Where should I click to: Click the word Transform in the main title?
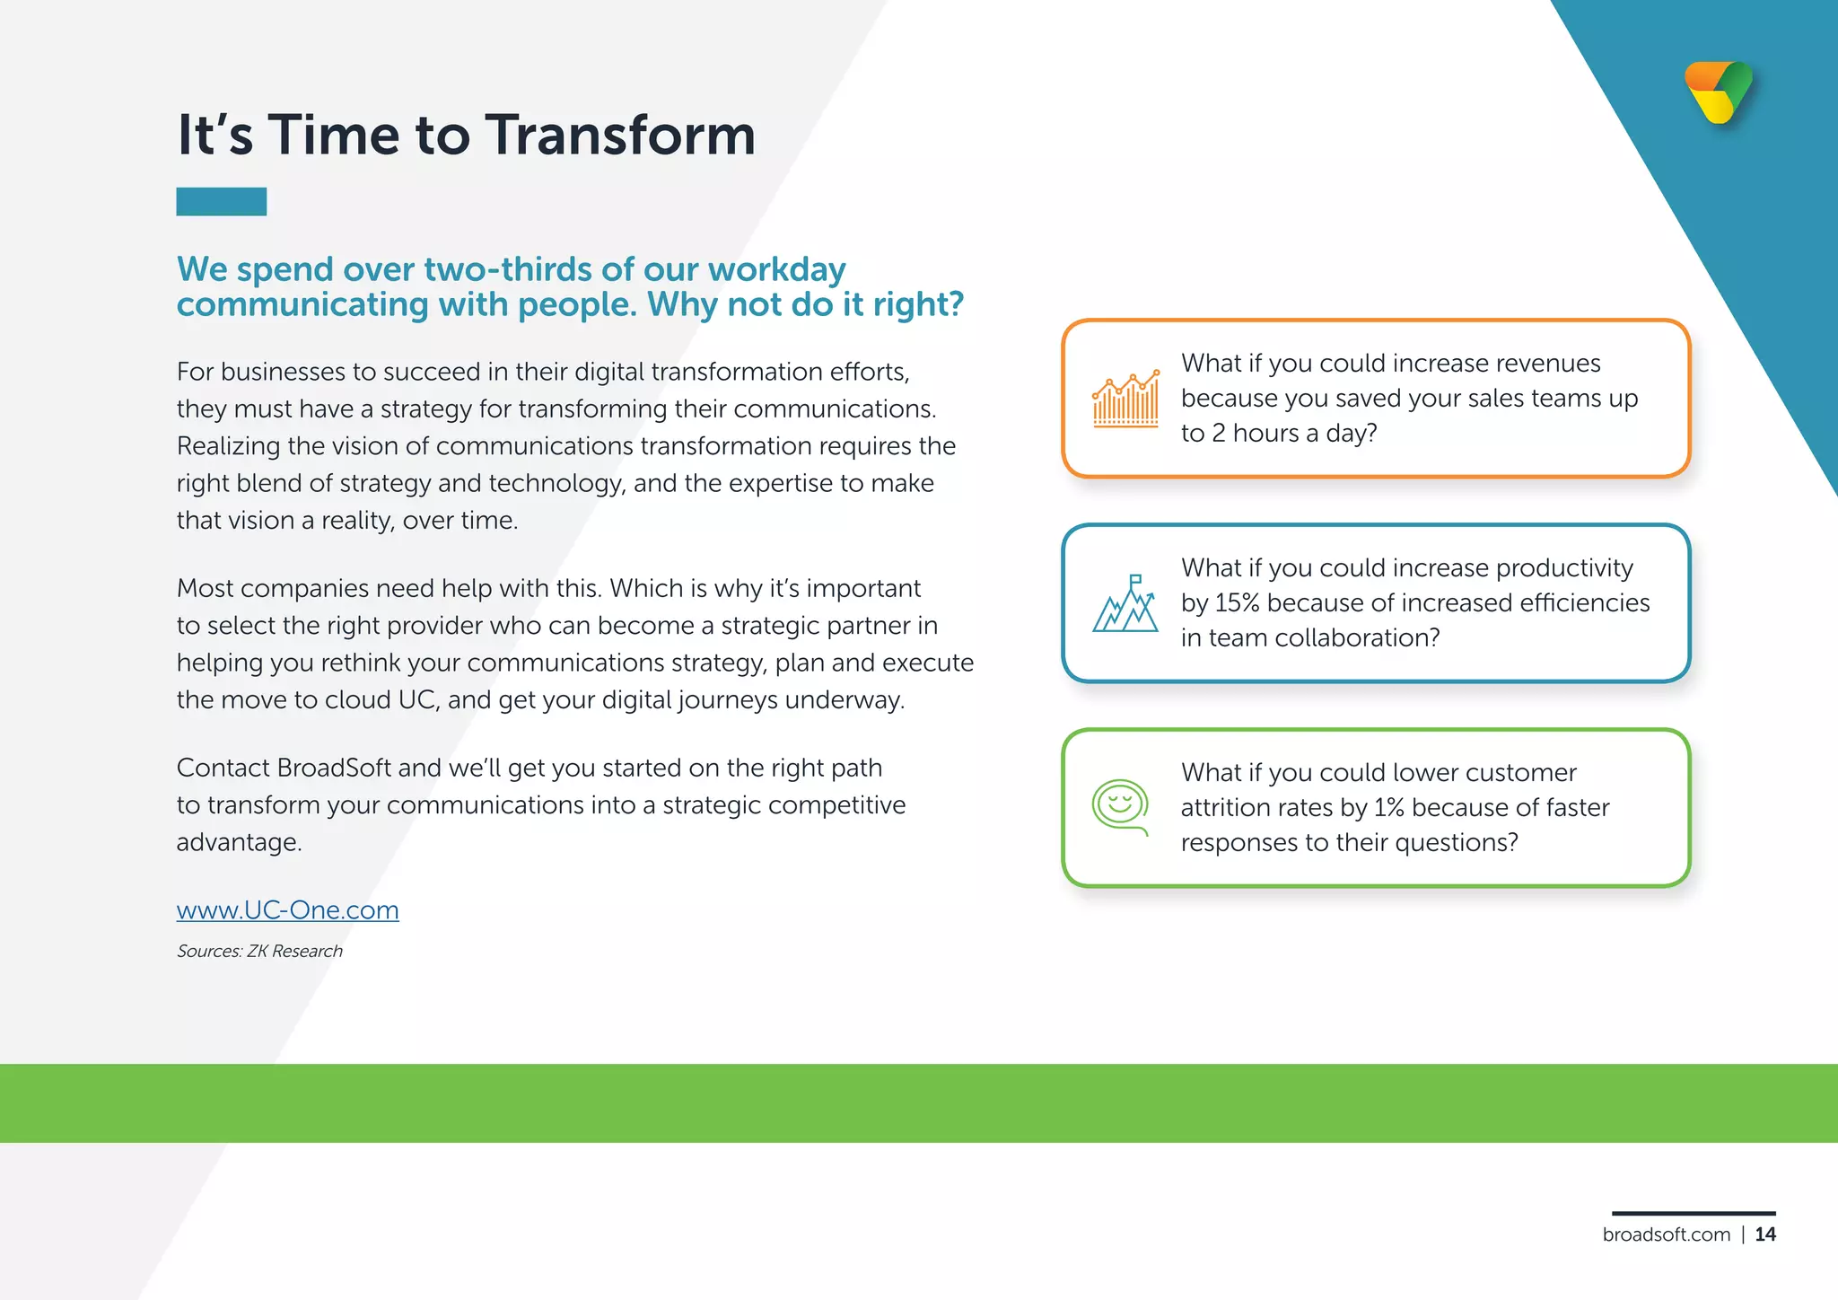[620, 136]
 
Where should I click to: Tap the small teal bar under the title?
[221, 201]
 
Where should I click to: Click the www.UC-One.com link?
[287, 909]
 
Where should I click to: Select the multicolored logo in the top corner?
[1719, 92]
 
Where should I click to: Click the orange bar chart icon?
[1125, 400]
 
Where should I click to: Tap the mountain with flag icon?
[1125, 604]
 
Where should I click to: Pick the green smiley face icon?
[1120, 805]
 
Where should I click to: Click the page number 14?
[1765, 1234]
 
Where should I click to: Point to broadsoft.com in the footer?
[1666, 1234]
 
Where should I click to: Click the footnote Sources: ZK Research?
[259, 951]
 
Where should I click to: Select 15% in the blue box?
[1237, 602]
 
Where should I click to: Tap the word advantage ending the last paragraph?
[237, 842]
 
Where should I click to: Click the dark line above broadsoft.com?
[1694, 1213]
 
